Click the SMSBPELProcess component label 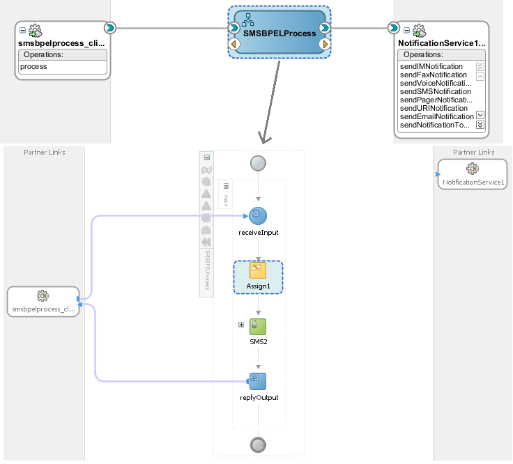[279, 33]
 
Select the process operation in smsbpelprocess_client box [33, 67]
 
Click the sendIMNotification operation [431, 66]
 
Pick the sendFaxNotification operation [433, 75]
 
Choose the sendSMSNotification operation [435, 91]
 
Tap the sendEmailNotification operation [436, 116]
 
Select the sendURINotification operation [433, 108]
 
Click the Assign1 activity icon [259, 271]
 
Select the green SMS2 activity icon [259, 326]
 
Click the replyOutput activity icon [259, 381]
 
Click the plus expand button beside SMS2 [241, 325]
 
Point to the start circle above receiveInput [259, 162]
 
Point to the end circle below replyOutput [259, 444]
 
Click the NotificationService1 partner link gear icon [473, 169]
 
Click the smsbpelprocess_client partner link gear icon [43, 295]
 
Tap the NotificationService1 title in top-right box [441, 43]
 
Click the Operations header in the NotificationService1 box [424, 55]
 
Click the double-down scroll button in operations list [480, 125]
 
